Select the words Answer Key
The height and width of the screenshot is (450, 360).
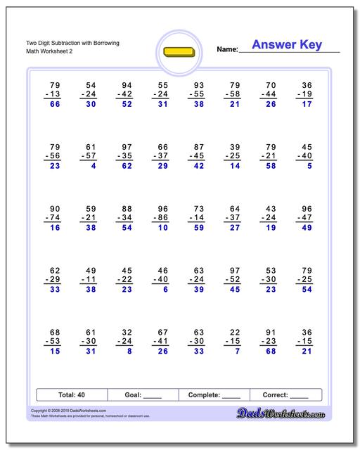click(x=287, y=45)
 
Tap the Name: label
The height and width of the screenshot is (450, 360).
click(x=227, y=49)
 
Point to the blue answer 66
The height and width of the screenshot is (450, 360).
click(x=54, y=104)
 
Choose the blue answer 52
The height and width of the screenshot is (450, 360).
click(x=127, y=104)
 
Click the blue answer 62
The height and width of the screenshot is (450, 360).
click(x=127, y=166)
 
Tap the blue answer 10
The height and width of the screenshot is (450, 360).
click(x=162, y=228)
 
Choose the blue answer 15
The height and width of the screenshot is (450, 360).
click(x=54, y=352)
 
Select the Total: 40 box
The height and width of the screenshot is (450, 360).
click(x=71, y=395)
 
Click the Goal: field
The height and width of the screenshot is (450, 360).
click(x=143, y=395)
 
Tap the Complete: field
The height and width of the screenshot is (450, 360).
click(x=214, y=395)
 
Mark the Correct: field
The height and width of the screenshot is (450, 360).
click(x=285, y=395)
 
